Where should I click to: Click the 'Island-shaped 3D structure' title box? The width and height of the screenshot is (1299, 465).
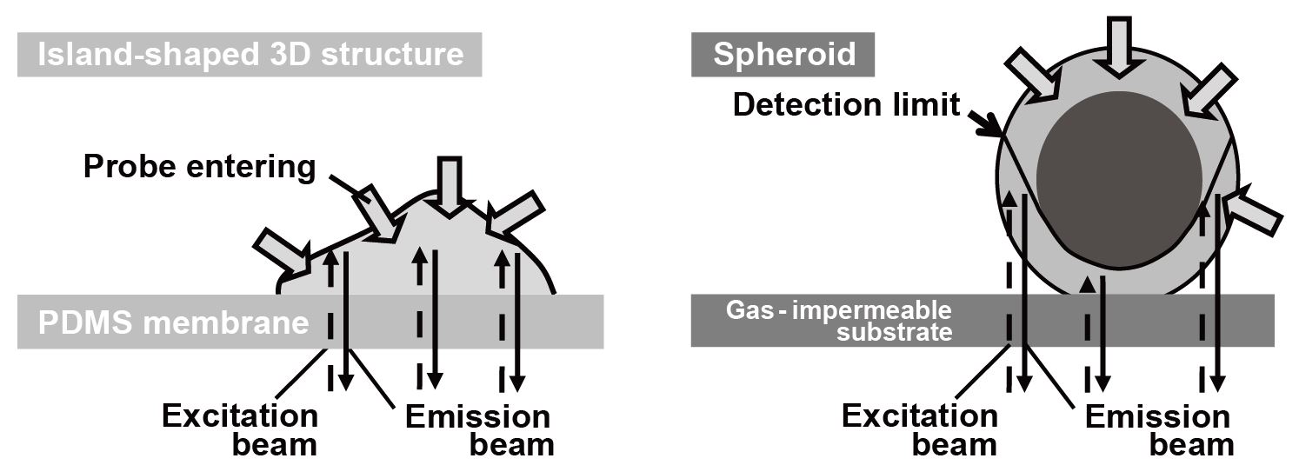250,55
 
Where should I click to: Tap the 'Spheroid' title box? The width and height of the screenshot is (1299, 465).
783,54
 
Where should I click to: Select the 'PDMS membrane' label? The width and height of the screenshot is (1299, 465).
174,322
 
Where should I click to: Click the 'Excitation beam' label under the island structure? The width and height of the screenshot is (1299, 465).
238,430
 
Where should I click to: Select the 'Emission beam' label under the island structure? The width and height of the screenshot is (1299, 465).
477,430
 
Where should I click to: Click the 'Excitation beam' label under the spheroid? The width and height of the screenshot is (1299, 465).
919,430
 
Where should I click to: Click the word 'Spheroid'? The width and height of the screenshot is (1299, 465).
783,54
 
